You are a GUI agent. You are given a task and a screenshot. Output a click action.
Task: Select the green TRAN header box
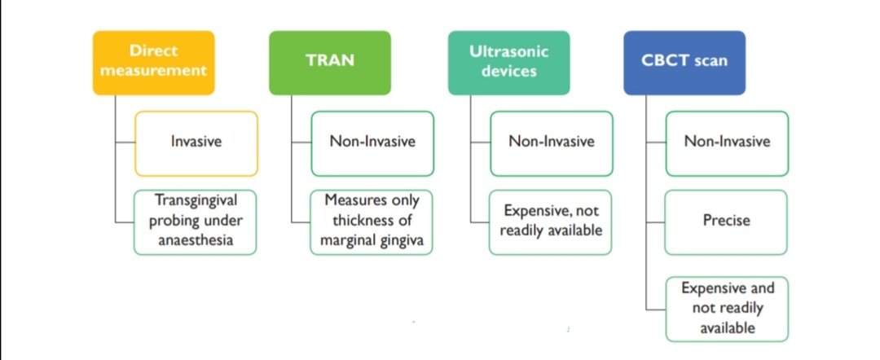click(329, 63)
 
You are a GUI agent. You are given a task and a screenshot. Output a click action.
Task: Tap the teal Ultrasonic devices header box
click(508, 63)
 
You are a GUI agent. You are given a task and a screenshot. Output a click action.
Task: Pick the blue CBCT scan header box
click(684, 63)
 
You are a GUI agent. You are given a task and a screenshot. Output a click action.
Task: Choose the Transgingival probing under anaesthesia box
click(196, 222)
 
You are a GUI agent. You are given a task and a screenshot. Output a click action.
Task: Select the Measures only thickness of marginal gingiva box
click(372, 222)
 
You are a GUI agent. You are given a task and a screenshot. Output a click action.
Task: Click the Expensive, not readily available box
click(551, 222)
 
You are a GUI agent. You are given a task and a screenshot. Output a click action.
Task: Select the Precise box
click(727, 222)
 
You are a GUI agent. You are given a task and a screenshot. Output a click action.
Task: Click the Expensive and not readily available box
click(727, 309)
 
